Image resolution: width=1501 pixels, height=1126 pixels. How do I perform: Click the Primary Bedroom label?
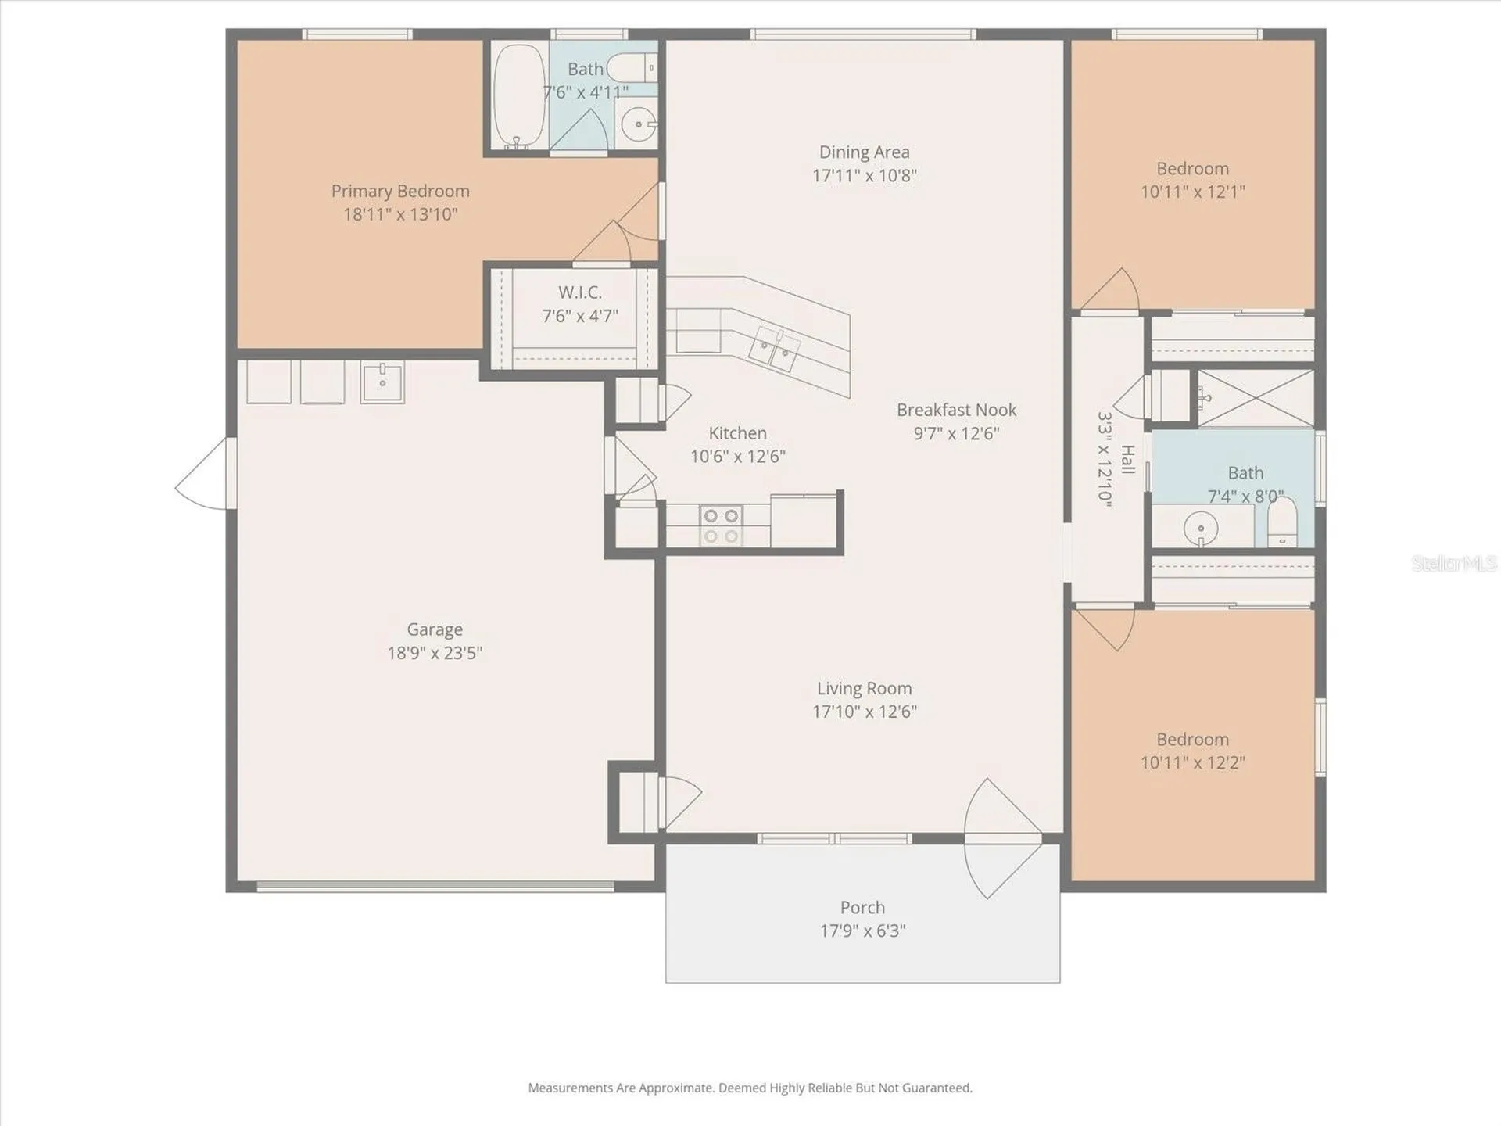(400, 191)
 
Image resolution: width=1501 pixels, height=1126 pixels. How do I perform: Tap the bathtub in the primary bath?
(520, 95)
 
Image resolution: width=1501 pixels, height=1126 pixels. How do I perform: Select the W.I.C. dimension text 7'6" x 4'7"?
(580, 316)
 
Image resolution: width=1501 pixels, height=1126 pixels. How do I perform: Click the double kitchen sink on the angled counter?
(774, 349)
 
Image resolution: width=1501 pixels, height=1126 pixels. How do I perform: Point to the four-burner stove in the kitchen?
(720, 525)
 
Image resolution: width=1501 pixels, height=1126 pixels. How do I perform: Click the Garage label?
(435, 629)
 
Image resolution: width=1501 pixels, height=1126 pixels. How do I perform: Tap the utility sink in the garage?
(382, 382)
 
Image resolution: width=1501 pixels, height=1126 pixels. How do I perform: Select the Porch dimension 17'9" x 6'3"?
(863, 931)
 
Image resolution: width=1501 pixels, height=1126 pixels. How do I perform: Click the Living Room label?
(865, 688)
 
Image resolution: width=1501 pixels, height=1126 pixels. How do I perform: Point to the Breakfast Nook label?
(957, 410)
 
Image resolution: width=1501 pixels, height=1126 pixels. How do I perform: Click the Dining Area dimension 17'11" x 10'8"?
(865, 175)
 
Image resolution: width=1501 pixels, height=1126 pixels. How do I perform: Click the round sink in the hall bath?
(1200, 529)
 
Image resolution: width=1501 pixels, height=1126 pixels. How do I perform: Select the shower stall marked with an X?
(1256, 399)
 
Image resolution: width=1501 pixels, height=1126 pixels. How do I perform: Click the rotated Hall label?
(1127, 460)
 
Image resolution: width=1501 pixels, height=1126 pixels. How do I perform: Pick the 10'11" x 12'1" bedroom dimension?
(1193, 192)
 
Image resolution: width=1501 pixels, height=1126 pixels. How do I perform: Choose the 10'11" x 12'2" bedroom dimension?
(1193, 762)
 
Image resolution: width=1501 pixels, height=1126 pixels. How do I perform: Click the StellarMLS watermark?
(1454, 563)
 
